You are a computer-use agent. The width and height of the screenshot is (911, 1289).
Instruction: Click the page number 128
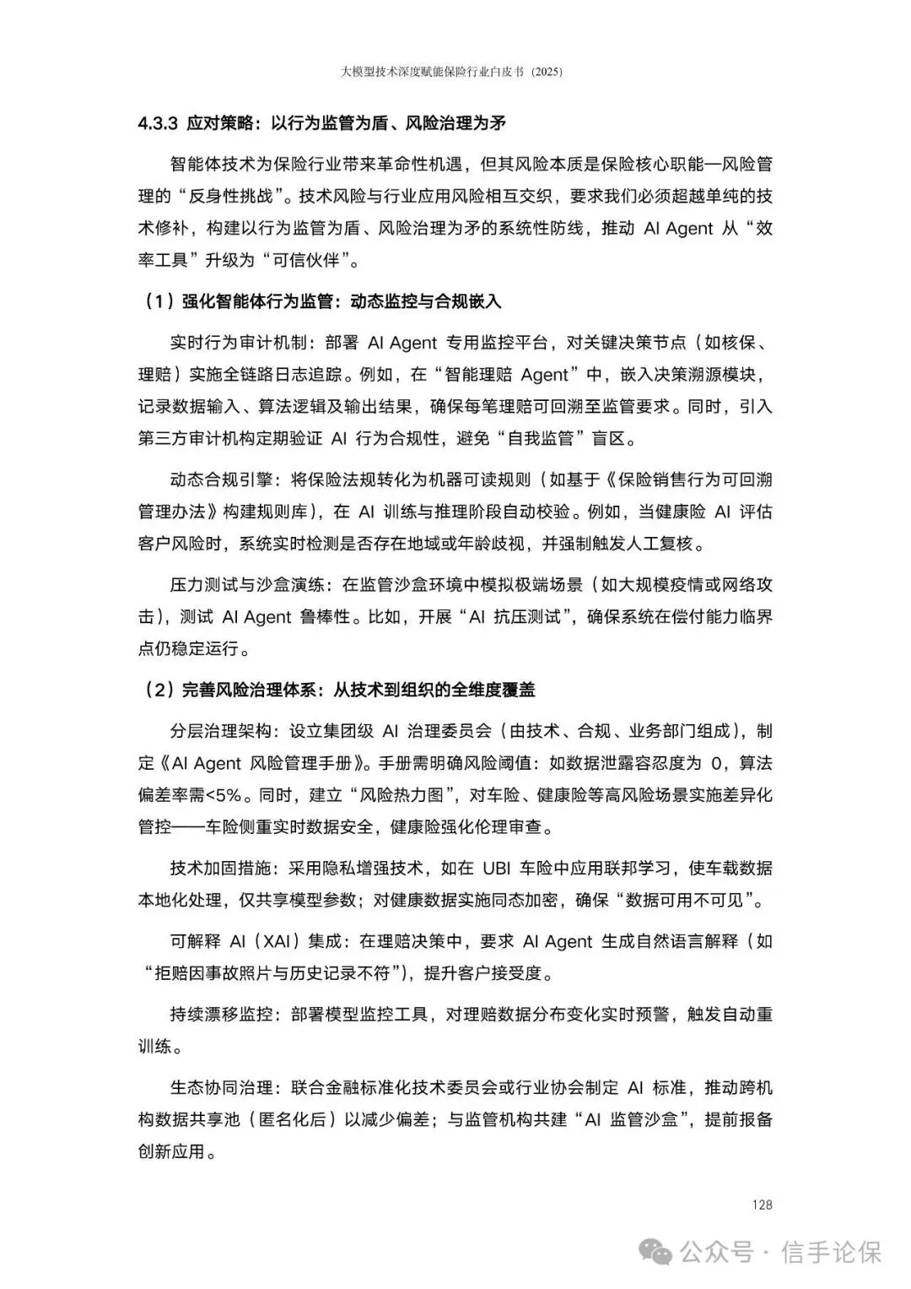[x=762, y=1205]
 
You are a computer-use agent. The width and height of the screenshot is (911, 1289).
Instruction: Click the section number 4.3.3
[x=157, y=123]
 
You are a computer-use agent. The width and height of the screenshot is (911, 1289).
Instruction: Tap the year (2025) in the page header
[x=546, y=73]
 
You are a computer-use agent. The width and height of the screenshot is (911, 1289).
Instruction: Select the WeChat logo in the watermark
[x=656, y=1251]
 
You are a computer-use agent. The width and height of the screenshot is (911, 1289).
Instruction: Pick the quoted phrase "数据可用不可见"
[x=687, y=900]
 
